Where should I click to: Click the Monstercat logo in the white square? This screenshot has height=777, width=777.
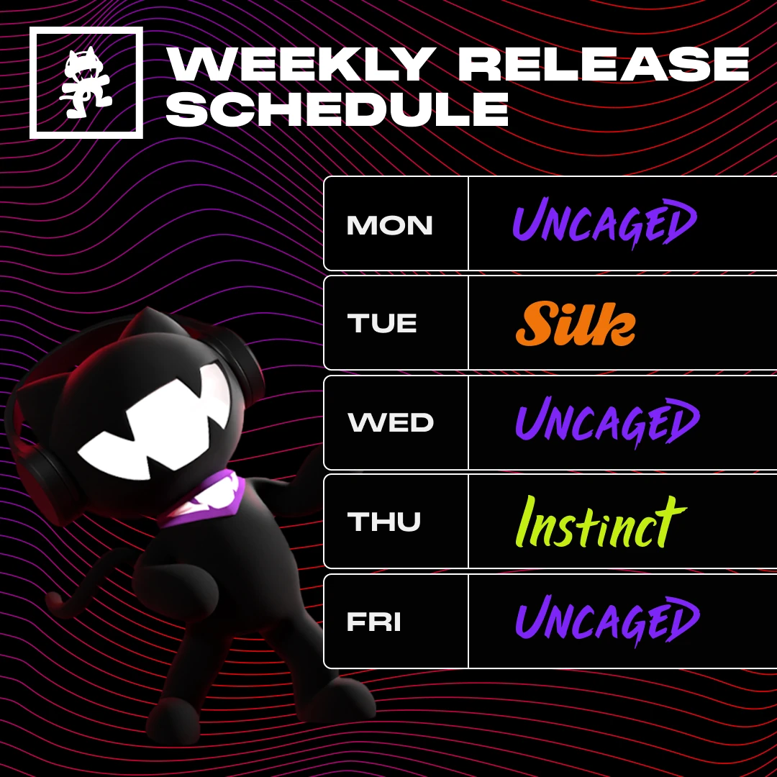tap(86, 82)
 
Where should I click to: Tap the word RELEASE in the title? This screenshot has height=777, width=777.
tap(603, 65)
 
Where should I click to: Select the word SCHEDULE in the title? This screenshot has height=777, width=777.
tap(337, 109)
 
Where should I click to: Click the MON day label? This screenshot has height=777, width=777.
tap(390, 226)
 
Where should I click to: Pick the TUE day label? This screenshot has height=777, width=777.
tap(382, 324)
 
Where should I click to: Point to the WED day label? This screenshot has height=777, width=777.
tap(391, 422)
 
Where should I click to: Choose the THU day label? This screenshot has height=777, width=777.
tap(383, 522)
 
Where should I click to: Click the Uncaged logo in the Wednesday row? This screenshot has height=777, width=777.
tap(606, 422)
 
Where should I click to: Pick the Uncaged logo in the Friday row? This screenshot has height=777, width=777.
tap(606, 620)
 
